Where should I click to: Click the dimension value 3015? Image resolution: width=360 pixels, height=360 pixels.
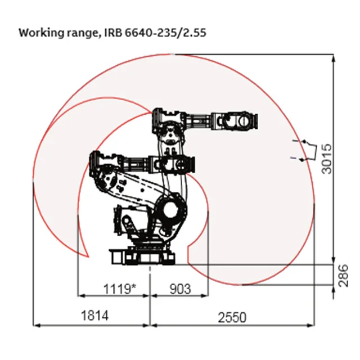coord(327,159)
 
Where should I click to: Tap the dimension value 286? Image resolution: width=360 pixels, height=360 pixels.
coord(343,276)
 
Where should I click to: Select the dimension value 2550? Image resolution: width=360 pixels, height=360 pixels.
coord(232,318)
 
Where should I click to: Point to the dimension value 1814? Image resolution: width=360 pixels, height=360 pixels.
coord(94,316)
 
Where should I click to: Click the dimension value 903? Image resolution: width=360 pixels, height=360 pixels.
coord(180,289)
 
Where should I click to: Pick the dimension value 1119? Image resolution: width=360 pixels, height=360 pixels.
coord(117,289)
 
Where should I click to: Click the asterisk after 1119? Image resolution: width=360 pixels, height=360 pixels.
coord(133,286)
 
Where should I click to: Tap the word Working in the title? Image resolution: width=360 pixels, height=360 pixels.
coord(42,33)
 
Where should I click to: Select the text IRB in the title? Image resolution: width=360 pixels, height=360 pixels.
coord(114,33)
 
